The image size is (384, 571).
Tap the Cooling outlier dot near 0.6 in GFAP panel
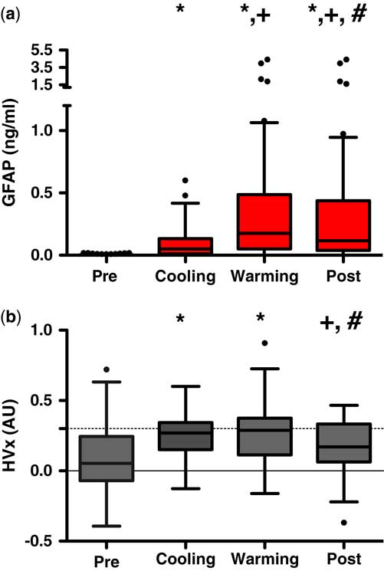(x=185, y=181)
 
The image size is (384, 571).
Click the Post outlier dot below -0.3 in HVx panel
(x=344, y=523)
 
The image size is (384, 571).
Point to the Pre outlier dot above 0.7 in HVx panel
(x=107, y=369)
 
